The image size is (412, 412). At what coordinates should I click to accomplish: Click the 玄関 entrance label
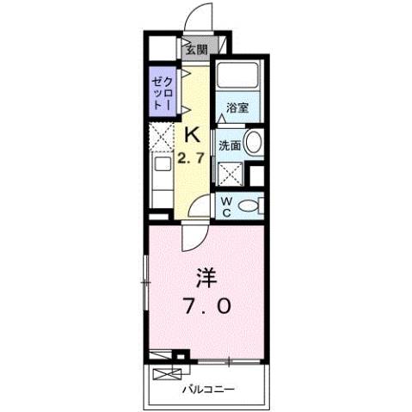pos(196,50)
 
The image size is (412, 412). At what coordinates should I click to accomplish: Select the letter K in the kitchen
pos(193,134)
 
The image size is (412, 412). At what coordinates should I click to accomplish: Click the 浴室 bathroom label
pos(237,108)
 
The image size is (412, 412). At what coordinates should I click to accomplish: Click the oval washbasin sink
pos(254,144)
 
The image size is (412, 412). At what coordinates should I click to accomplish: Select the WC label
pos(225,206)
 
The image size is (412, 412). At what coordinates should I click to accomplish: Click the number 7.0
pos(206,307)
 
